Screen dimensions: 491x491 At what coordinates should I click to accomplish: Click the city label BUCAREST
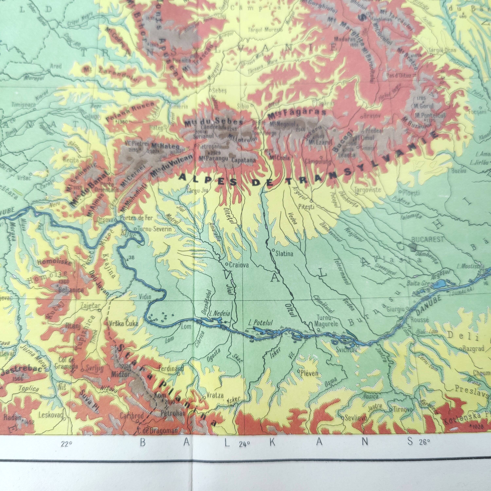(427, 239)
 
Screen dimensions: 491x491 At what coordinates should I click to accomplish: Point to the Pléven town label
(309, 373)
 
